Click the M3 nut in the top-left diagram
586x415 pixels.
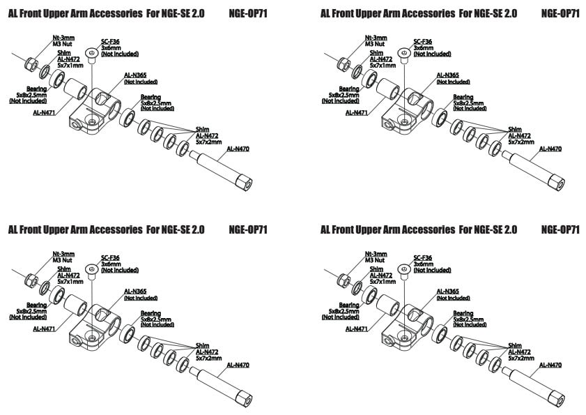(x=31, y=65)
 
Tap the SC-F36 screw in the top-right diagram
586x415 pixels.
(x=403, y=53)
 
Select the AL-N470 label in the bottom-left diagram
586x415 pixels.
(x=238, y=365)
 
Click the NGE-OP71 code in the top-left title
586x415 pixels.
(x=247, y=13)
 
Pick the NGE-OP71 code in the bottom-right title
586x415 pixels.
(x=560, y=229)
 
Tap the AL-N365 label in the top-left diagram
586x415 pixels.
(x=135, y=75)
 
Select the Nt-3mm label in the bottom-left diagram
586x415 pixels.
(x=64, y=254)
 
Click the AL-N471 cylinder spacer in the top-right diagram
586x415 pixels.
(x=388, y=91)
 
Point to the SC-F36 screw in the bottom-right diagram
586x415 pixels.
(x=403, y=269)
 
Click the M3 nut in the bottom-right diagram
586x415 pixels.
(x=344, y=281)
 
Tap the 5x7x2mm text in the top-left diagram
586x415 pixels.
(x=208, y=142)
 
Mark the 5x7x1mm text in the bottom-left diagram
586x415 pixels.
(x=70, y=282)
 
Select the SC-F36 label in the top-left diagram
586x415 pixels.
(x=110, y=42)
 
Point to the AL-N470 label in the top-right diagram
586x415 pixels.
(x=550, y=149)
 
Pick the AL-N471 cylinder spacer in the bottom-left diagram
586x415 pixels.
(x=75, y=308)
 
